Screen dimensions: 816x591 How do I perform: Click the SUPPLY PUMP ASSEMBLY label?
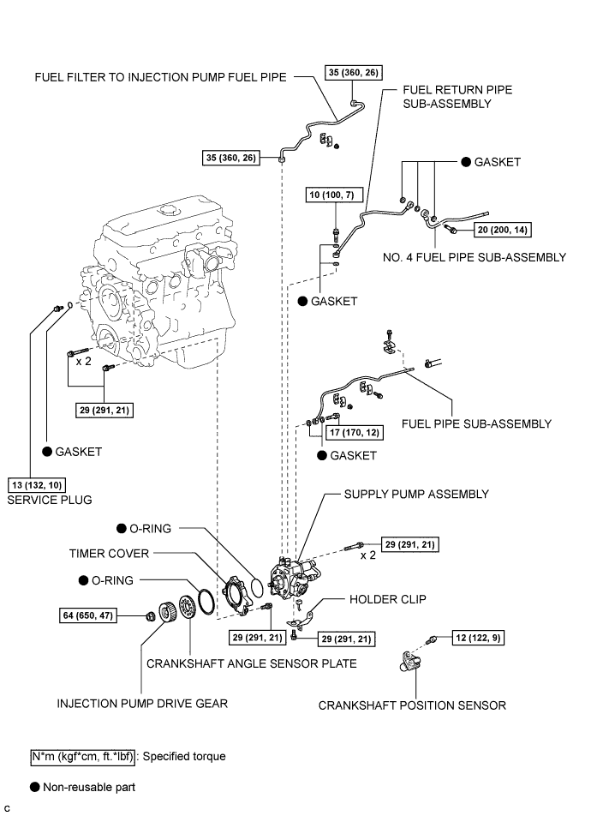click(416, 495)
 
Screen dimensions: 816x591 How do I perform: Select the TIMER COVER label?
click(109, 553)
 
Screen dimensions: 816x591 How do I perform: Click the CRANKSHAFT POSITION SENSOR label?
click(412, 705)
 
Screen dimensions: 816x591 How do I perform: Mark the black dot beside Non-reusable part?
click(33, 785)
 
